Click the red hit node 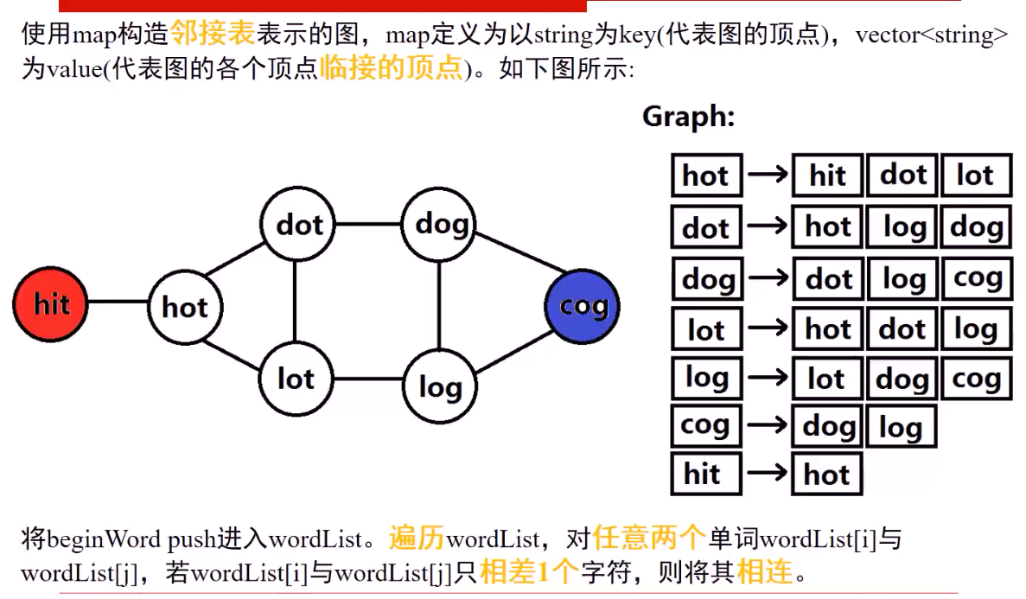(51, 303)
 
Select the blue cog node (583, 306)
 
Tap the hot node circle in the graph (185, 307)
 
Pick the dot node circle (298, 225)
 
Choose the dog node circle (440, 225)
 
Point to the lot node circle (296, 378)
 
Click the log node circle (440, 386)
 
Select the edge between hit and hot (118, 303)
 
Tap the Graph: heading (688, 118)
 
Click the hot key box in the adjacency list (706, 176)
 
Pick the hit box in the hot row (827, 176)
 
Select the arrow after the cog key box (768, 425)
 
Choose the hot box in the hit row (827, 474)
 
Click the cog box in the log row (976, 379)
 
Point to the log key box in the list (706, 378)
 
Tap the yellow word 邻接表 (213, 34)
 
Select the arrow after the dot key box (768, 227)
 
